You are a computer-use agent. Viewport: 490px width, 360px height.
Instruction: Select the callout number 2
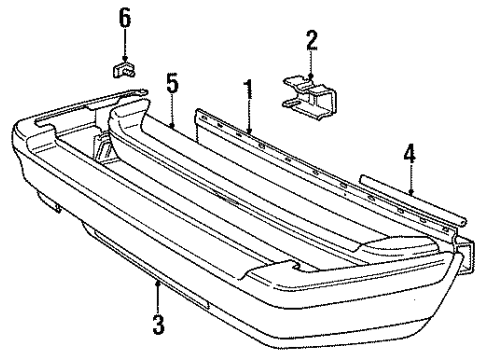pyautogui.click(x=312, y=40)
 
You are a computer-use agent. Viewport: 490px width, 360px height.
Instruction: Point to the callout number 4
pyautogui.click(x=411, y=154)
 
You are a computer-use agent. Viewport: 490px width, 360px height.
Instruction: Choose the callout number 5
pyautogui.click(x=172, y=85)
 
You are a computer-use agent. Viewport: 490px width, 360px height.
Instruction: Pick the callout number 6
pyautogui.click(x=125, y=17)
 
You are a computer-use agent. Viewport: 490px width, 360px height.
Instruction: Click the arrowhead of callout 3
pyautogui.click(x=157, y=282)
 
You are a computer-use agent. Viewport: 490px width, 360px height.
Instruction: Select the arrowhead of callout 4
pyautogui.click(x=411, y=190)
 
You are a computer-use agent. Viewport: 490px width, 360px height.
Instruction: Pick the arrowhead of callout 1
pyautogui.click(x=247, y=130)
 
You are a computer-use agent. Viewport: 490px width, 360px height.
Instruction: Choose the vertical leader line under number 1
pyautogui.click(x=247, y=112)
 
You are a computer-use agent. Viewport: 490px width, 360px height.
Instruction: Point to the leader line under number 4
pyautogui.click(x=411, y=175)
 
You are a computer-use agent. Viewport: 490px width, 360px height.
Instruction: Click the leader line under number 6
pyautogui.click(x=125, y=42)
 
